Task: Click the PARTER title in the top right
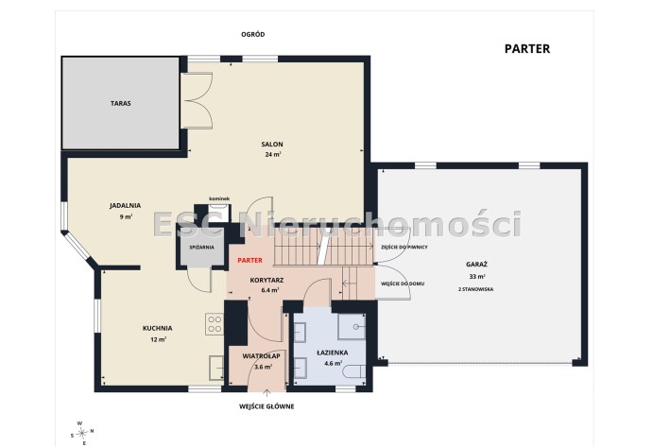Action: point(527,49)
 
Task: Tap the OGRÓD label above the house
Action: point(253,34)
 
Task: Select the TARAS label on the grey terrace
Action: point(121,103)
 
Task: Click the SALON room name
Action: point(272,145)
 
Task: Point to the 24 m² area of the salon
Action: point(272,154)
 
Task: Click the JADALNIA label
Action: point(125,205)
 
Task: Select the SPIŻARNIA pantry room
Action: point(201,247)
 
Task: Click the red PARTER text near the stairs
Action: point(249,260)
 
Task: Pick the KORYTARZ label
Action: point(267,281)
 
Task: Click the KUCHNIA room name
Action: point(158,328)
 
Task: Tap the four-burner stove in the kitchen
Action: point(215,324)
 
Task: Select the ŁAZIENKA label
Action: point(333,352)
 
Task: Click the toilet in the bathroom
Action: point(355,371)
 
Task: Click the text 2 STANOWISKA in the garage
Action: point(475,289)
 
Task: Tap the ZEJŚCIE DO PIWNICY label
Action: point(404,247)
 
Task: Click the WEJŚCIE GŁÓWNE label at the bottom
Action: point(267,406)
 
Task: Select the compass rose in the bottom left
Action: point(81,433)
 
